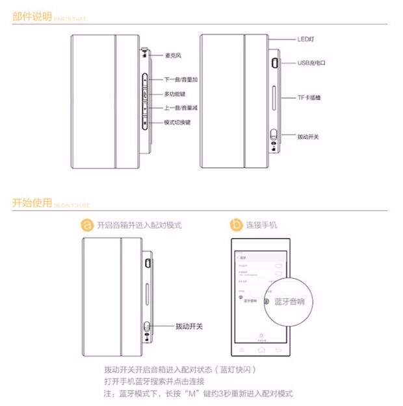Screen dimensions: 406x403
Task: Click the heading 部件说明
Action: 32,17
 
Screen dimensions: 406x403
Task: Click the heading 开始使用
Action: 32,203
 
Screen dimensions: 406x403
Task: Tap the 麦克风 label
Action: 172,55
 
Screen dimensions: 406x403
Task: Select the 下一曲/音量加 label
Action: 181,78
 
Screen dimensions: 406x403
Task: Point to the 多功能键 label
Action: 175,94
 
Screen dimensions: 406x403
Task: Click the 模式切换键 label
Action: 177,122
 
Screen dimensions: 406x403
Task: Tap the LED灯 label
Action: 306,39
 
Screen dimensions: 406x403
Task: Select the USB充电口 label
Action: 311,63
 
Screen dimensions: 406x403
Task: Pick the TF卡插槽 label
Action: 309,97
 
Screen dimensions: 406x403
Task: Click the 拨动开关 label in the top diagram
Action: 308,137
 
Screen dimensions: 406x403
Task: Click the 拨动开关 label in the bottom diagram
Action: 189,326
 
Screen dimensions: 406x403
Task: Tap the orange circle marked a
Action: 87,225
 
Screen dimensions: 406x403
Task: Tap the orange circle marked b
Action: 236,225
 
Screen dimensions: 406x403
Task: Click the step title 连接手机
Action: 261,225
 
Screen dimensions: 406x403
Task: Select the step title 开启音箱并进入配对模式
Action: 139,225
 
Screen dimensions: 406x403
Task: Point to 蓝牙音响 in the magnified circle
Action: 289,302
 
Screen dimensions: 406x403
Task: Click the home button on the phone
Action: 261,350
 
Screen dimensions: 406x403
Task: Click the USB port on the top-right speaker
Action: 275,63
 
